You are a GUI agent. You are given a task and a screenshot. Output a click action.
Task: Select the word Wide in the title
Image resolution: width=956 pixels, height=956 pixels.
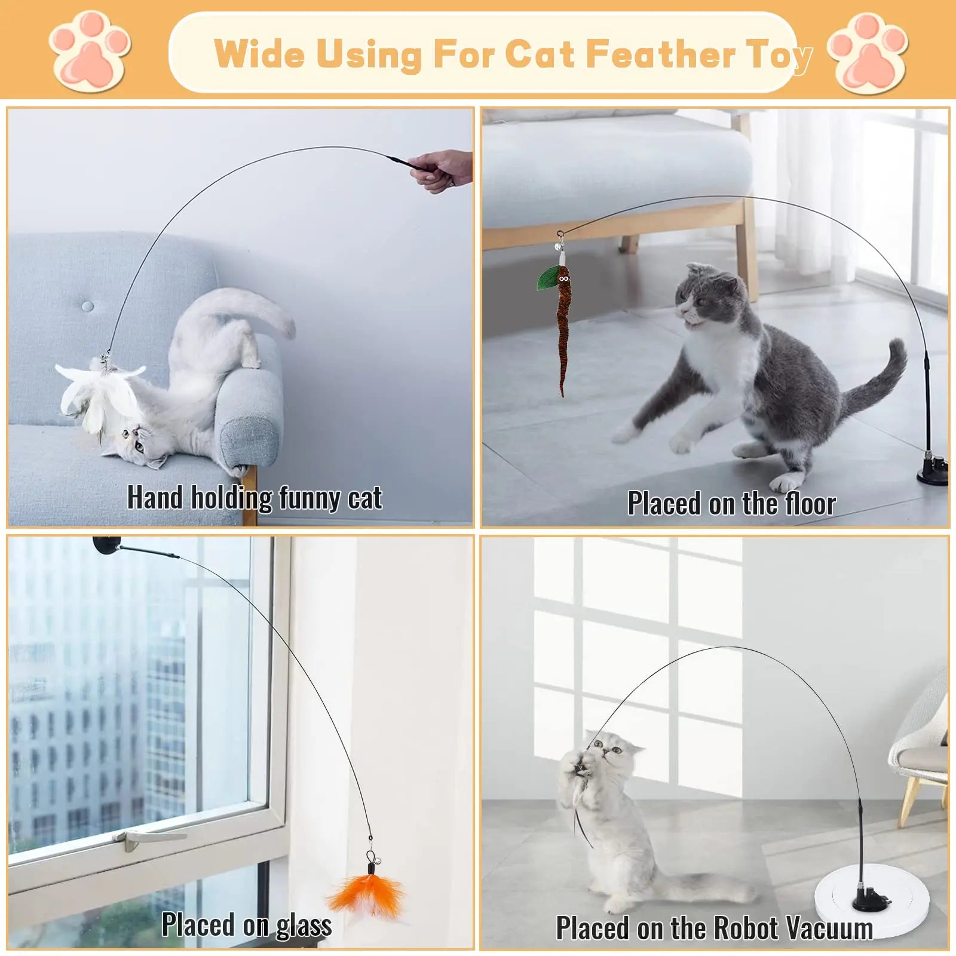259,54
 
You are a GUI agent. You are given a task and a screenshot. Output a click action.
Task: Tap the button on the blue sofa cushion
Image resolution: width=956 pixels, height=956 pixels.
88,306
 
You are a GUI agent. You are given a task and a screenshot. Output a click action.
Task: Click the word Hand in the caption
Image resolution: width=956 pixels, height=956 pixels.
155,497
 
